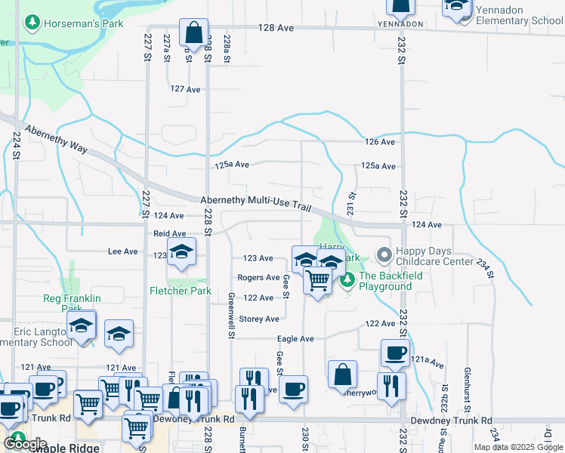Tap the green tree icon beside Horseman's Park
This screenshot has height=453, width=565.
[x=32, y=23]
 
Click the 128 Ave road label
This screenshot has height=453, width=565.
[x=275, y=27]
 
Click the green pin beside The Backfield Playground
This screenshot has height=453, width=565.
[x=347, y=281]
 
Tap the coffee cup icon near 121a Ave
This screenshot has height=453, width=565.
[x=394, y=353]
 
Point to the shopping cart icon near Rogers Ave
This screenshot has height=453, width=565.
[x=318, y=281]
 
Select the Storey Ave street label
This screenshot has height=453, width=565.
[x=259, y=319]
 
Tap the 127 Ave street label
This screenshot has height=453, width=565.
[x=185, y=89]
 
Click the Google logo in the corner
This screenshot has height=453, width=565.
[x=25, y=444]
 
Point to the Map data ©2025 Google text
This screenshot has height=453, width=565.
[x=518, y=447]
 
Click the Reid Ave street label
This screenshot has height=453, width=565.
[x=169, y=234]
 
